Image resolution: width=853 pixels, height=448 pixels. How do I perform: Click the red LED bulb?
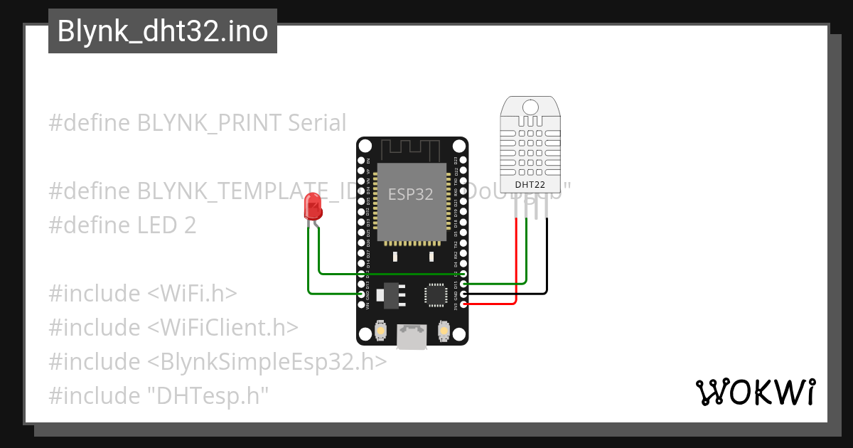tap(312, 206)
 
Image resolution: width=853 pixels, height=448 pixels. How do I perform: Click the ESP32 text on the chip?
tap(410, 194)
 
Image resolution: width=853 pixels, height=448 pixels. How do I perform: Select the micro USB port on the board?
tap(412, 336)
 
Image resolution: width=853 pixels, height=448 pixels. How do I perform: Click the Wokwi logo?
tap(754, 392)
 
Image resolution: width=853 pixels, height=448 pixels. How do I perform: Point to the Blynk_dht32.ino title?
tap(162, 31)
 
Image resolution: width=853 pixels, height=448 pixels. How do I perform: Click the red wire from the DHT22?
tap(515, 263)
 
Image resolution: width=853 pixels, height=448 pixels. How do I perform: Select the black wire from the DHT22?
tap(547, 256)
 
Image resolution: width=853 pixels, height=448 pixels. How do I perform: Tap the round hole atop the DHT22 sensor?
tap(530, 107)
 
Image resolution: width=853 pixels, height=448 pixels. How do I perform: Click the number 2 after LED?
tap(189, 225)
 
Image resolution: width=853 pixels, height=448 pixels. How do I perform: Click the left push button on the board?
tap(380, 331)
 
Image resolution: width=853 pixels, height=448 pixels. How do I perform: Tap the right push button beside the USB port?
tap(444, 331)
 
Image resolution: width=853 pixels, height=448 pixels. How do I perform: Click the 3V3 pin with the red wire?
tap(463, 304)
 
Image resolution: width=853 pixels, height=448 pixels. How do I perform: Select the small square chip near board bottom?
tap(435, 294)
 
